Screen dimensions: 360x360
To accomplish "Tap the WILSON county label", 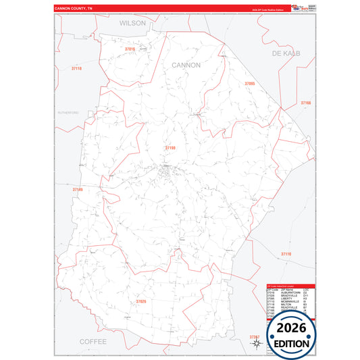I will click(x=132, y=22).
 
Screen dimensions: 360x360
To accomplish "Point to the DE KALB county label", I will click(x=286, y=53).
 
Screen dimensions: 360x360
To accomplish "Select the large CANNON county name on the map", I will click(x=186, y=65).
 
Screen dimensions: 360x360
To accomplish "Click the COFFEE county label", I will click(x=93, y=342).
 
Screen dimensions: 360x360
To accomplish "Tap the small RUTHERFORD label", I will click(x=68, y=112).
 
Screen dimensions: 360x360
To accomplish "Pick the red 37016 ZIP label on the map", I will click(x=130, y=49).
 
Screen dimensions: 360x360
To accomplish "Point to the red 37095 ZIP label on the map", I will click(x=249, y=84).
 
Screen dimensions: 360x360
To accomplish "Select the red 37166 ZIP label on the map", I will click(x=306, y=103).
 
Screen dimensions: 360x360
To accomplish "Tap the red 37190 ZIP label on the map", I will click(x=170, y=147).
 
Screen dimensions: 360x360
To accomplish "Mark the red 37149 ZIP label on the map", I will click(x=78, y=190).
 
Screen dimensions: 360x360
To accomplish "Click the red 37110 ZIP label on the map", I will click(x=286, y=254).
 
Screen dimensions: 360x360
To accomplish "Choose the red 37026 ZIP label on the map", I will click(x=140, y=301).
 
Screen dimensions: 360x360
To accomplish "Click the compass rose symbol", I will click(x=257, y=343).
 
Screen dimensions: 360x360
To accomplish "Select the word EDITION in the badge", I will click(x=291, y=343).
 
